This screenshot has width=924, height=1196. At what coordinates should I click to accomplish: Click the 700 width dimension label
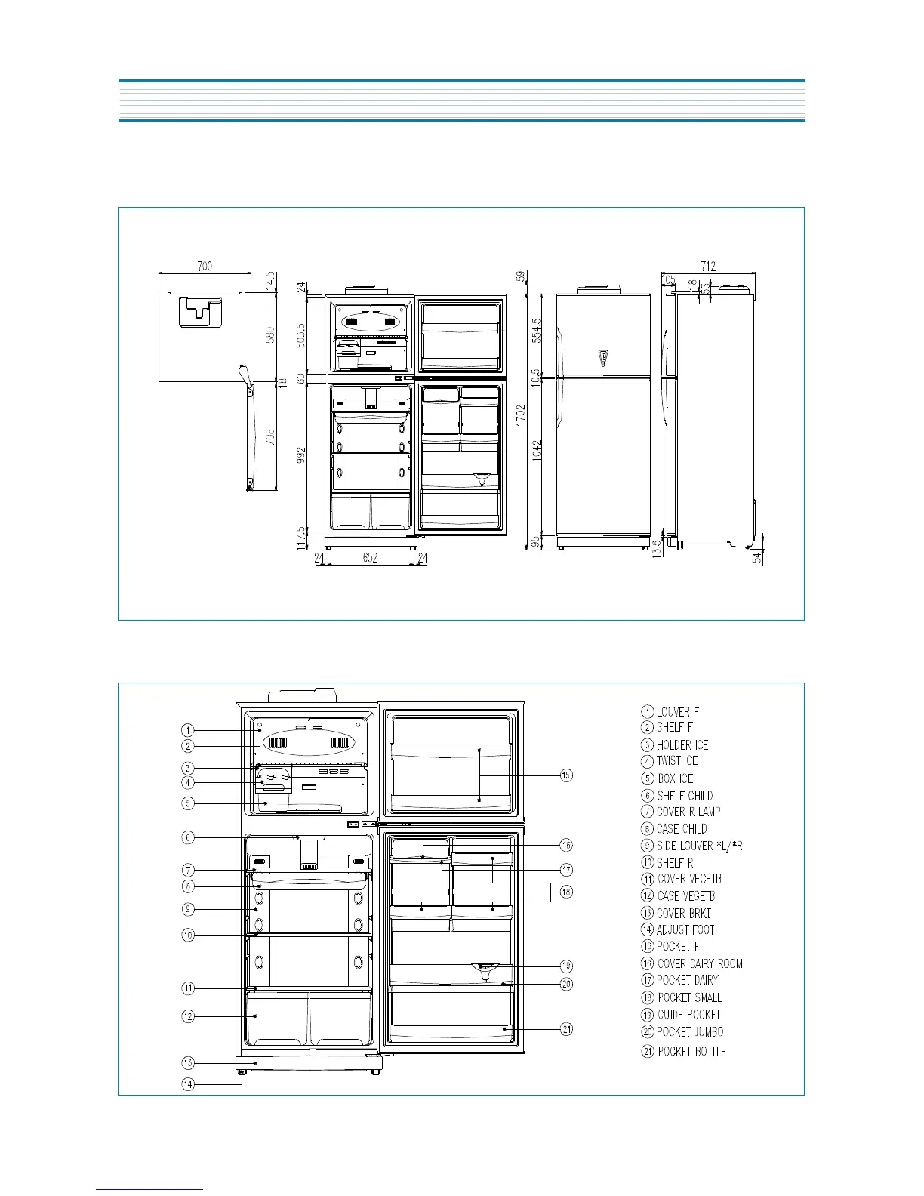tap(205, 266)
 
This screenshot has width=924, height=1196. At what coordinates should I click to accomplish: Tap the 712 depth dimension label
tap(707, 266)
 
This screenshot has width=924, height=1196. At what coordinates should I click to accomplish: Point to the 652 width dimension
tap(370, 558)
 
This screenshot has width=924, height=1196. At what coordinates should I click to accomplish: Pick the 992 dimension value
tap(301, 456)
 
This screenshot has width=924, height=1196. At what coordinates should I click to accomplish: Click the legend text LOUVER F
tap(677, 712)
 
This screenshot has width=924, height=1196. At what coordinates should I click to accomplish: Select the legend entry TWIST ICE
tap(676, 761)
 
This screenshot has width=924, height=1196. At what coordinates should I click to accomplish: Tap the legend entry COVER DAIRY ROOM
tap(700, 963)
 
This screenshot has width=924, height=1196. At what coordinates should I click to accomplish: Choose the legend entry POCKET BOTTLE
tap(691, 1051)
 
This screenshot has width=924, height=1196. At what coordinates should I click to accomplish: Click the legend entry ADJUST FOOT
tap(685, 930)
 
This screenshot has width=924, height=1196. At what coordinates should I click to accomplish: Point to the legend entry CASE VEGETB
tap(685, 896)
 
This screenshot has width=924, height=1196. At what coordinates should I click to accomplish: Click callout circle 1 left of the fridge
tap(188, 730)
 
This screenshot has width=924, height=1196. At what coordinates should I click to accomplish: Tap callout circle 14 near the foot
tap(188, 1084)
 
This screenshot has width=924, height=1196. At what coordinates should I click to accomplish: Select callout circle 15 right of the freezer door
tap(566, 775)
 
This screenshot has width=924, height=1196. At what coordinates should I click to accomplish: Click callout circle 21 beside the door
tap(566, 1028)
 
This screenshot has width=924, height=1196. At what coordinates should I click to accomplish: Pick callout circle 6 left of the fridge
tap(188, 837)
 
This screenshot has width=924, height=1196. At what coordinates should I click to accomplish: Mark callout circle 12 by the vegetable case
tap(188, 1016)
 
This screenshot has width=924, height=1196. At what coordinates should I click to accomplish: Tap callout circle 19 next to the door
tap(566, 966)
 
